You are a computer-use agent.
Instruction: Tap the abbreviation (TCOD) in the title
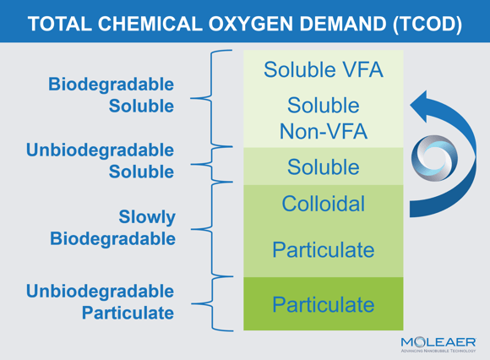point(427,24)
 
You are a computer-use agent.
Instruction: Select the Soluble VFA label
point(323,69)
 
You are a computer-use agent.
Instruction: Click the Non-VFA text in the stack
point(323,131)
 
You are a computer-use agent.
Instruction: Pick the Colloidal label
point(323,204)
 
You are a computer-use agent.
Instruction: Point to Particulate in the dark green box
point(323,304)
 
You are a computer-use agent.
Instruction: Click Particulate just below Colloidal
point(323,249)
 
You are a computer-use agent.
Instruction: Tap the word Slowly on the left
point(147,217)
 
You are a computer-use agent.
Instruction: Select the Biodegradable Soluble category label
point(111,95)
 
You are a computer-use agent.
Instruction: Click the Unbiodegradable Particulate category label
point(100,302)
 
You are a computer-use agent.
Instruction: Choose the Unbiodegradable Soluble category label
point(100,161)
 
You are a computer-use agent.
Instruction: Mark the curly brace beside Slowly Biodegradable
point(212,229)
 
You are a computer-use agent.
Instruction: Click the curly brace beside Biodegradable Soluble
point(211,98)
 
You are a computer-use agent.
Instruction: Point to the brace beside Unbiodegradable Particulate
point(213,303)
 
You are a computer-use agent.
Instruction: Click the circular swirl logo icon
point(434,158)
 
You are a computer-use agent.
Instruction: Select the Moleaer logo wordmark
point(438,342)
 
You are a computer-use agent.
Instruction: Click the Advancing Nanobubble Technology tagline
point(438,351)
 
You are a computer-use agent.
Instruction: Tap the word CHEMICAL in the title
point(150,24)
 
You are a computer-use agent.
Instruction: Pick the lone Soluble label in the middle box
point(323,166)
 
